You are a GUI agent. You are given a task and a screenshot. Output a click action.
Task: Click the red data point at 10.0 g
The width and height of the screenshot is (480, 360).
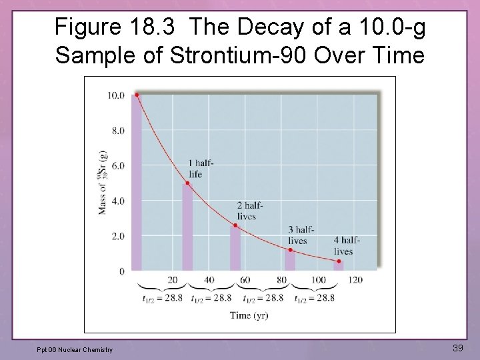click(x=137, y=95)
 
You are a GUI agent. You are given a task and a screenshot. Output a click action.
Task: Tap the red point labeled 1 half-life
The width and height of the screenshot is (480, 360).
click(x=187, y=183)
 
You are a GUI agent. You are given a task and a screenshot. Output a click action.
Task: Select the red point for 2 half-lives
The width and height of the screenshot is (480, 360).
click(x=235, y=225)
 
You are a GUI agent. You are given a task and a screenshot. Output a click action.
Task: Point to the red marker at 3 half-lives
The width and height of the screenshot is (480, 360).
click(x=290, y=250)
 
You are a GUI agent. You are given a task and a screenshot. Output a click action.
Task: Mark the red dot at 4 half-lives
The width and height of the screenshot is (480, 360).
click(x=339, y=261)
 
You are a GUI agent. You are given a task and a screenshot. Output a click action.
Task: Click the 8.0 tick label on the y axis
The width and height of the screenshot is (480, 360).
click(x=117, y=131)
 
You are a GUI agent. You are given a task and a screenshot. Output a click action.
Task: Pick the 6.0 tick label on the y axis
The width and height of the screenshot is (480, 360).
click(x=117, y=165)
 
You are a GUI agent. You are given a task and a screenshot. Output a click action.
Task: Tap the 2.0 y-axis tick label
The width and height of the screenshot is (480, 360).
click(x=117, y=236)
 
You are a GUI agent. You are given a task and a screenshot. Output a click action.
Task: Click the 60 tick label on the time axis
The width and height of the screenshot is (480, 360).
click(x=244, y=280)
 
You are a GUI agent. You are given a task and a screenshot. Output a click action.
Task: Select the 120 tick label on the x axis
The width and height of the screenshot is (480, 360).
click(x=355, y=280)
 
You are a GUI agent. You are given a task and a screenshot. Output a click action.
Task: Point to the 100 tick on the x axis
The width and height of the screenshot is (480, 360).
click(x=319, y=280)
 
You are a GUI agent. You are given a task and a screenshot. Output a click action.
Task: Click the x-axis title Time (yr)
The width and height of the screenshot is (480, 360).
click(x=249, y=315)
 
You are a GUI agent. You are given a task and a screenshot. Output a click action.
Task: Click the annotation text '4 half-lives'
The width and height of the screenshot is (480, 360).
click(x=347, y=246)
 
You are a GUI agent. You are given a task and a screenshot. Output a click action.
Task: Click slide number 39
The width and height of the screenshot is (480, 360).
click(x=457, y=348)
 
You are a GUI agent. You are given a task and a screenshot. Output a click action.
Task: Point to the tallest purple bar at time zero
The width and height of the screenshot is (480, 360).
click(x=137, y=183)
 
